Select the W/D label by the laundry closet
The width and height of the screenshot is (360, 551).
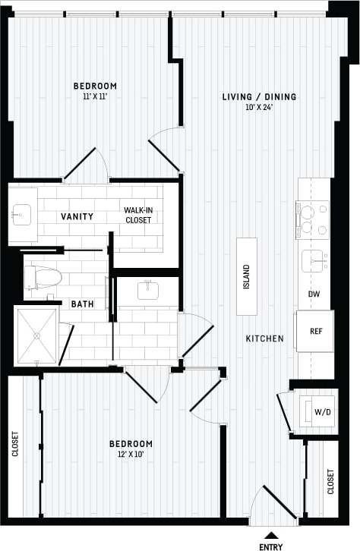point(323,412)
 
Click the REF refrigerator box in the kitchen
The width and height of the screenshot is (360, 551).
point(315,332)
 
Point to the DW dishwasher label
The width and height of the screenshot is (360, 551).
point(313,294)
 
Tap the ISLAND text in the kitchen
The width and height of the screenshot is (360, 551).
point(246,277)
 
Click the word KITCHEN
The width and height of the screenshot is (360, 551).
point(264,338)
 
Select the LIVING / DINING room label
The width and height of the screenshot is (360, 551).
point(259,96)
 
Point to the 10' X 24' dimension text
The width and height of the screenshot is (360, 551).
point(258,107)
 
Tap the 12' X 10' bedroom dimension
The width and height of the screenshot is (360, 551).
point(131,455)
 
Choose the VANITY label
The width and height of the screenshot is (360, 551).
point(77,216)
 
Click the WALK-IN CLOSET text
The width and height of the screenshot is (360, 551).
point(138,215)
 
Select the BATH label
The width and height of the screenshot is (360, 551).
point(82,304)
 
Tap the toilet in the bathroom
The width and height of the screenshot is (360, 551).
point(44,278)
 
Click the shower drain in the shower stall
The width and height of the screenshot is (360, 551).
point(36,335)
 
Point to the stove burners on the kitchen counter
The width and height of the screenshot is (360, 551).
point(312,219)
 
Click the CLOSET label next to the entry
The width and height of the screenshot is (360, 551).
point(330,481)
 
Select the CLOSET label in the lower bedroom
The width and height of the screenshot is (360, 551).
point(15,445)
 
